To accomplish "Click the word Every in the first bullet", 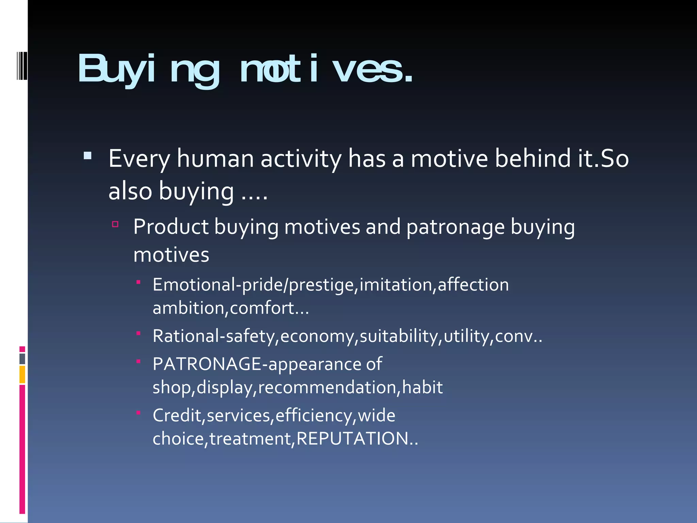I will click(139, 159).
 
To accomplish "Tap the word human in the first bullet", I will click(215, 159).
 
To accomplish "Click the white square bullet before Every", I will click(87, 156).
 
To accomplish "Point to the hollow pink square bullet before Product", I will click(115, 224).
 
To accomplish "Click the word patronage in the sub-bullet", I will click(455, 227).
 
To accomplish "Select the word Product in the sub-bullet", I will click(171, 227).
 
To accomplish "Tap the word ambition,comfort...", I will click(230, 308).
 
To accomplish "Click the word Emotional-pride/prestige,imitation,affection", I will click(330, 285).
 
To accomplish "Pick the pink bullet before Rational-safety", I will click(139, 333).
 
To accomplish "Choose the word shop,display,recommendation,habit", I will click(297, 387).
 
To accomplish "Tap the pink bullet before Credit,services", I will click(139, 413).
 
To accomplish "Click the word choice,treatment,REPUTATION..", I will click(285, 439).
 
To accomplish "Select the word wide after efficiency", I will click(377, 415).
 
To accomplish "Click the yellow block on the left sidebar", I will click(22, 375).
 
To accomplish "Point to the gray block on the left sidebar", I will click(22, 359).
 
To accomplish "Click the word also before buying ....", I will click(130, 191).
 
